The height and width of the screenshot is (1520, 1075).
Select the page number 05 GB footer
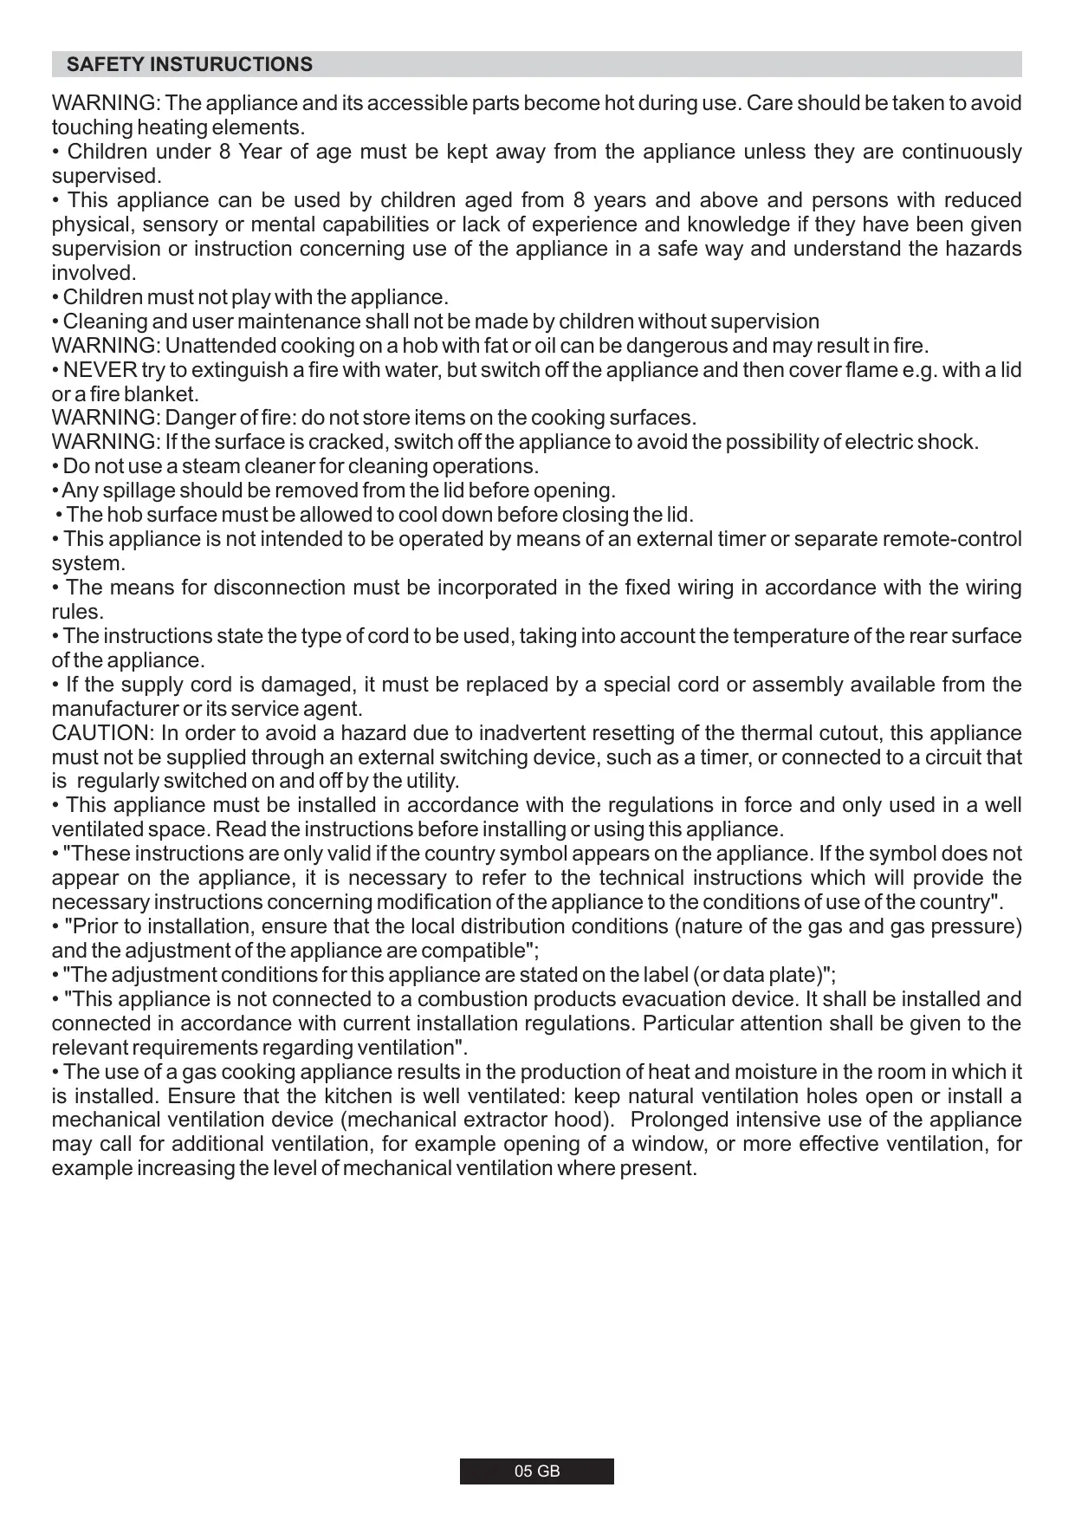click(x=537, y=1471)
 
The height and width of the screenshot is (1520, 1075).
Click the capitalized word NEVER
click(x=100, y=371)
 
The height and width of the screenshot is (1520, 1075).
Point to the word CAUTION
click(x=101, y=733)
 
